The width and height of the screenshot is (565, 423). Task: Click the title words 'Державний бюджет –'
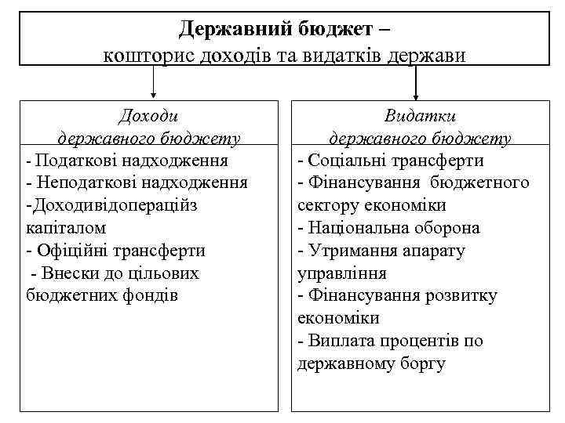pyautogui.click(x=283, y=29)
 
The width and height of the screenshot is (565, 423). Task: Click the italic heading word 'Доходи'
pyautogui.click(x=148, y=116)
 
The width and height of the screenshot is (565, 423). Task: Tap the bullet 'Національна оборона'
pyautogui.click(x=393, y=228)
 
